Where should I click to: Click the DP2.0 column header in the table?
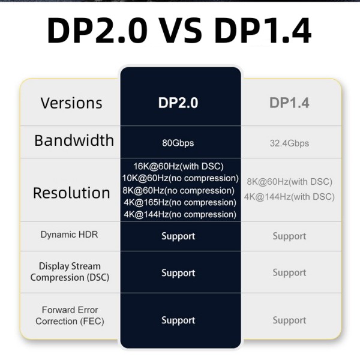(x=178, y=103)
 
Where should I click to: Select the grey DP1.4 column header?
(x=289, y=103)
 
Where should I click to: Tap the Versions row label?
(x=71, y=103)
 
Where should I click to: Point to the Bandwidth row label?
(x=74, y=140)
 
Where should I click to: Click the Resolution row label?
(x=71, y=193)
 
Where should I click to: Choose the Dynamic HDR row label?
(x=69, y=235)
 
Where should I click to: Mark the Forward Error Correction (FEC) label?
(x=70, y=316)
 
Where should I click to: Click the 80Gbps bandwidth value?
(x=178, y=143)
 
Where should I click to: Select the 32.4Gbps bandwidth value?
(x=289, y=143)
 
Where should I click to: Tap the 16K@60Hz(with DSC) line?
(x=178, y=166)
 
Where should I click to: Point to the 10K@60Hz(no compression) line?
(x=178, y=178)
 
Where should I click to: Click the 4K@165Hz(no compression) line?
(x=178, y=202)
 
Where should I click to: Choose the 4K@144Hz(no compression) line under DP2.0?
(x=178, y=214)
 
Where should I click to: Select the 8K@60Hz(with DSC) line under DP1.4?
(x=289, y=182)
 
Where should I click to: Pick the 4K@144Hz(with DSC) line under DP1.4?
(x=289, y=196)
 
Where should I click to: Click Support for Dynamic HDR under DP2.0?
(x=178, y=236)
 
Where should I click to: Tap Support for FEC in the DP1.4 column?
(x=289, y=320)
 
